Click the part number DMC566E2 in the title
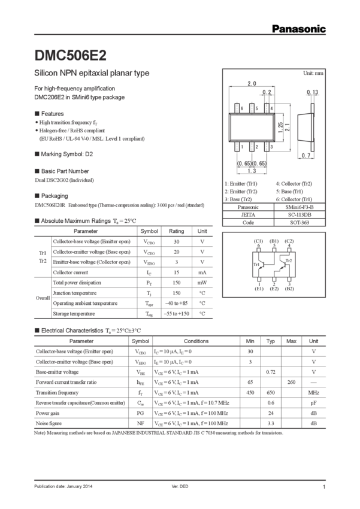pyautogui.click(x=71, y=55)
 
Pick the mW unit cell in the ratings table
pyautogui.click(x=202, y=281)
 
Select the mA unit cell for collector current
pyautogui.click(x=202, y=271)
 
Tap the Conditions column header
pyautogui.click(x=185, y=341)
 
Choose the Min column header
pyautogui.click(x=250, y=341)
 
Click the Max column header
pyautogui.click(x=292, y=341)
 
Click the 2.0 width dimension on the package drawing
pyautogui.click(x=252, y=83)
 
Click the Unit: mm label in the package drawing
pyautogui.click(x=313, y=72)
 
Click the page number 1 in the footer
pyautogui.click(x=323, y=486)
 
